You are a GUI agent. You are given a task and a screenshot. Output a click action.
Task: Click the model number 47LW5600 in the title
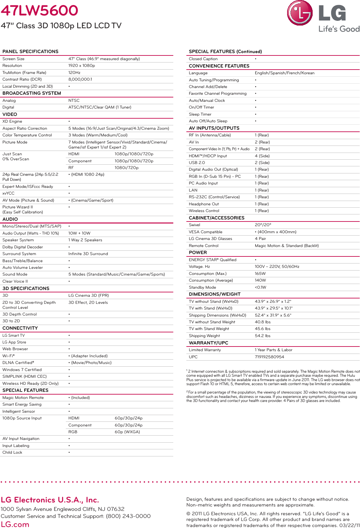click(39, 10)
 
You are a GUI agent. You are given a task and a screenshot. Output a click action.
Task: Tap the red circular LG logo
click(300, 13)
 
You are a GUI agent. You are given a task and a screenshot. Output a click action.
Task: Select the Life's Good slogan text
click(339, 29)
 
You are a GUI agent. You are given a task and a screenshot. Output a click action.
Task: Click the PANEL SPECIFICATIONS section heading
click(30, 51)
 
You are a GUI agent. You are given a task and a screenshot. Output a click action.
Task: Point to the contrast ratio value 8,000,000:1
click(80, 79)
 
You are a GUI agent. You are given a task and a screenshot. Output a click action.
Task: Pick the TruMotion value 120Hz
click(74, 73)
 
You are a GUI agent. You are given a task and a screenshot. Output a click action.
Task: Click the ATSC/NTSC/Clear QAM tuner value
click(99, 107)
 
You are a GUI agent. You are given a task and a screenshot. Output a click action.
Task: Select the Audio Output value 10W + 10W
click(79, 233)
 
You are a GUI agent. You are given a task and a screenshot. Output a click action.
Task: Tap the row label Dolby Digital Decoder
click(22, 247)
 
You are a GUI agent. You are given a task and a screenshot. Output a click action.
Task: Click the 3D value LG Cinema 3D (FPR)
click(88, 295)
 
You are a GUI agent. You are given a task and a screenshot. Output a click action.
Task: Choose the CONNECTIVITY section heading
click(20, 328)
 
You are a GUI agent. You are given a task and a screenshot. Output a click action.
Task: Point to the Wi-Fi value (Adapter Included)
click(89, 356)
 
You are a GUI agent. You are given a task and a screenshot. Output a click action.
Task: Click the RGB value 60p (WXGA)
click(127, 432)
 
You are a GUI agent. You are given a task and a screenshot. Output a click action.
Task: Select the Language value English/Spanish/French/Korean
click(284, 73)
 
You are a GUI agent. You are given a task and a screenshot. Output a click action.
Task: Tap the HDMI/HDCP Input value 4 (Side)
click(262, 156)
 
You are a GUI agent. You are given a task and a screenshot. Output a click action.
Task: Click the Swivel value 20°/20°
click(263, 225)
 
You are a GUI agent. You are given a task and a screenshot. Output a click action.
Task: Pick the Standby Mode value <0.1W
click(260, 287)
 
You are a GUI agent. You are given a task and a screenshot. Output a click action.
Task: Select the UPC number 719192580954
click(269, 357)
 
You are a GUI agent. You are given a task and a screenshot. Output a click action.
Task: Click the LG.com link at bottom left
click(15, 524)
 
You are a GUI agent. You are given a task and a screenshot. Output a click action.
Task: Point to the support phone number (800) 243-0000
click(128, 516)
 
